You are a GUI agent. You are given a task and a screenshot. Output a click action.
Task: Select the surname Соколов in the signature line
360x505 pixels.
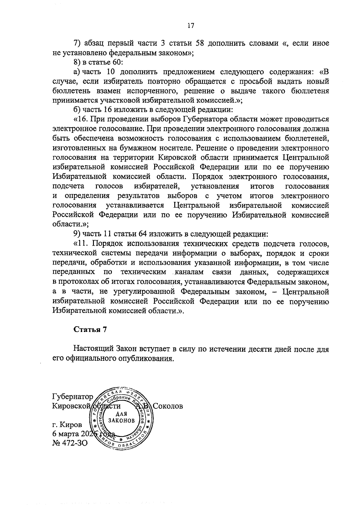pyautogui.click(x=168, y=406)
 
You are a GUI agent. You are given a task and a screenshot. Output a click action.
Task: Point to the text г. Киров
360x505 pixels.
pyautogui.click(x=67, y=425)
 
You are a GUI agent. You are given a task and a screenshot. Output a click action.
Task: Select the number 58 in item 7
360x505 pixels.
pyautogui.click(x=200, y=43)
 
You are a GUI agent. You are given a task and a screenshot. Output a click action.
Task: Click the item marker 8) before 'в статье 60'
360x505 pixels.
pyautogui.click(x=77, y=62)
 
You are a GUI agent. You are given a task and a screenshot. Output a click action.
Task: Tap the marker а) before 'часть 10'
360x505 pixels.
pyautogui.click(x=77, y=72)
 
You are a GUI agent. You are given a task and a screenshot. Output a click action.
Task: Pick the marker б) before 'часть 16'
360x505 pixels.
pyautogui.click(x=77, y=110)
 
